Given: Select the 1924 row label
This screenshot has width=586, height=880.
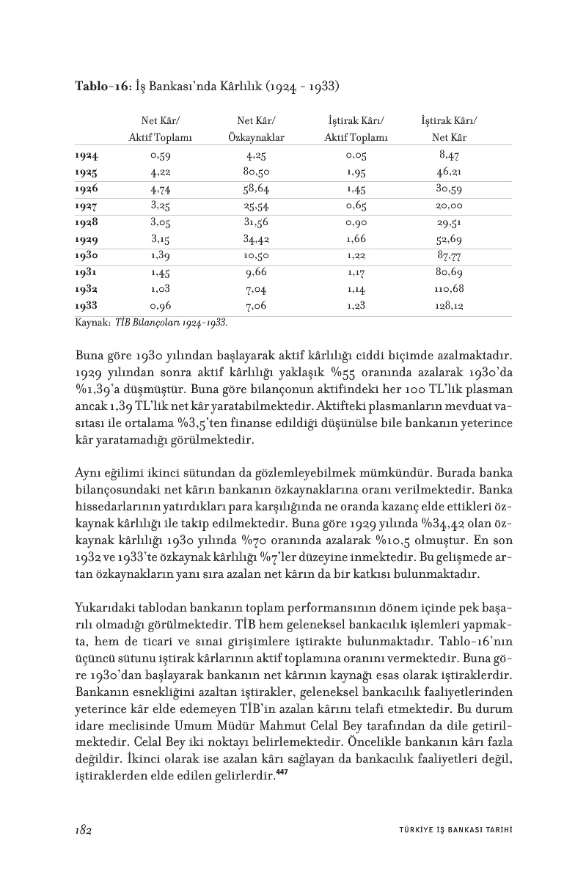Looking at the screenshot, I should pyautogui.click(x=87, y=155).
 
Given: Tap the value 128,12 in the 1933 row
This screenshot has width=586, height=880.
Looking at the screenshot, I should pyautogui.click(x=448, y=306).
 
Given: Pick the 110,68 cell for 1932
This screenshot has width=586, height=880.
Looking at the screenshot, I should pyautogui.click(x=448, y=289).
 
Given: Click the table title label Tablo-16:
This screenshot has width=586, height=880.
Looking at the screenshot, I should pyautogui.click(x=103, y=86).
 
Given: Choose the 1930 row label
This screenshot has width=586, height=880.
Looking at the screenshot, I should pyautogui.click(x=87, y=256).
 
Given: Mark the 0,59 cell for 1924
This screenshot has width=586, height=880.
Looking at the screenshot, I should pyautogui.click(x=160, y=155).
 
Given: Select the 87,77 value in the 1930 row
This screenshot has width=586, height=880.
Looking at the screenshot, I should pyautogui.click(x=448, y=256).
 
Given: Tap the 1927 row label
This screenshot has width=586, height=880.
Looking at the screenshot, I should pyautogui.click(x=87, y=206).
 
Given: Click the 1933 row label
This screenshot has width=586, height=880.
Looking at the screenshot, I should pyautogui.click(x=87, y=306).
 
